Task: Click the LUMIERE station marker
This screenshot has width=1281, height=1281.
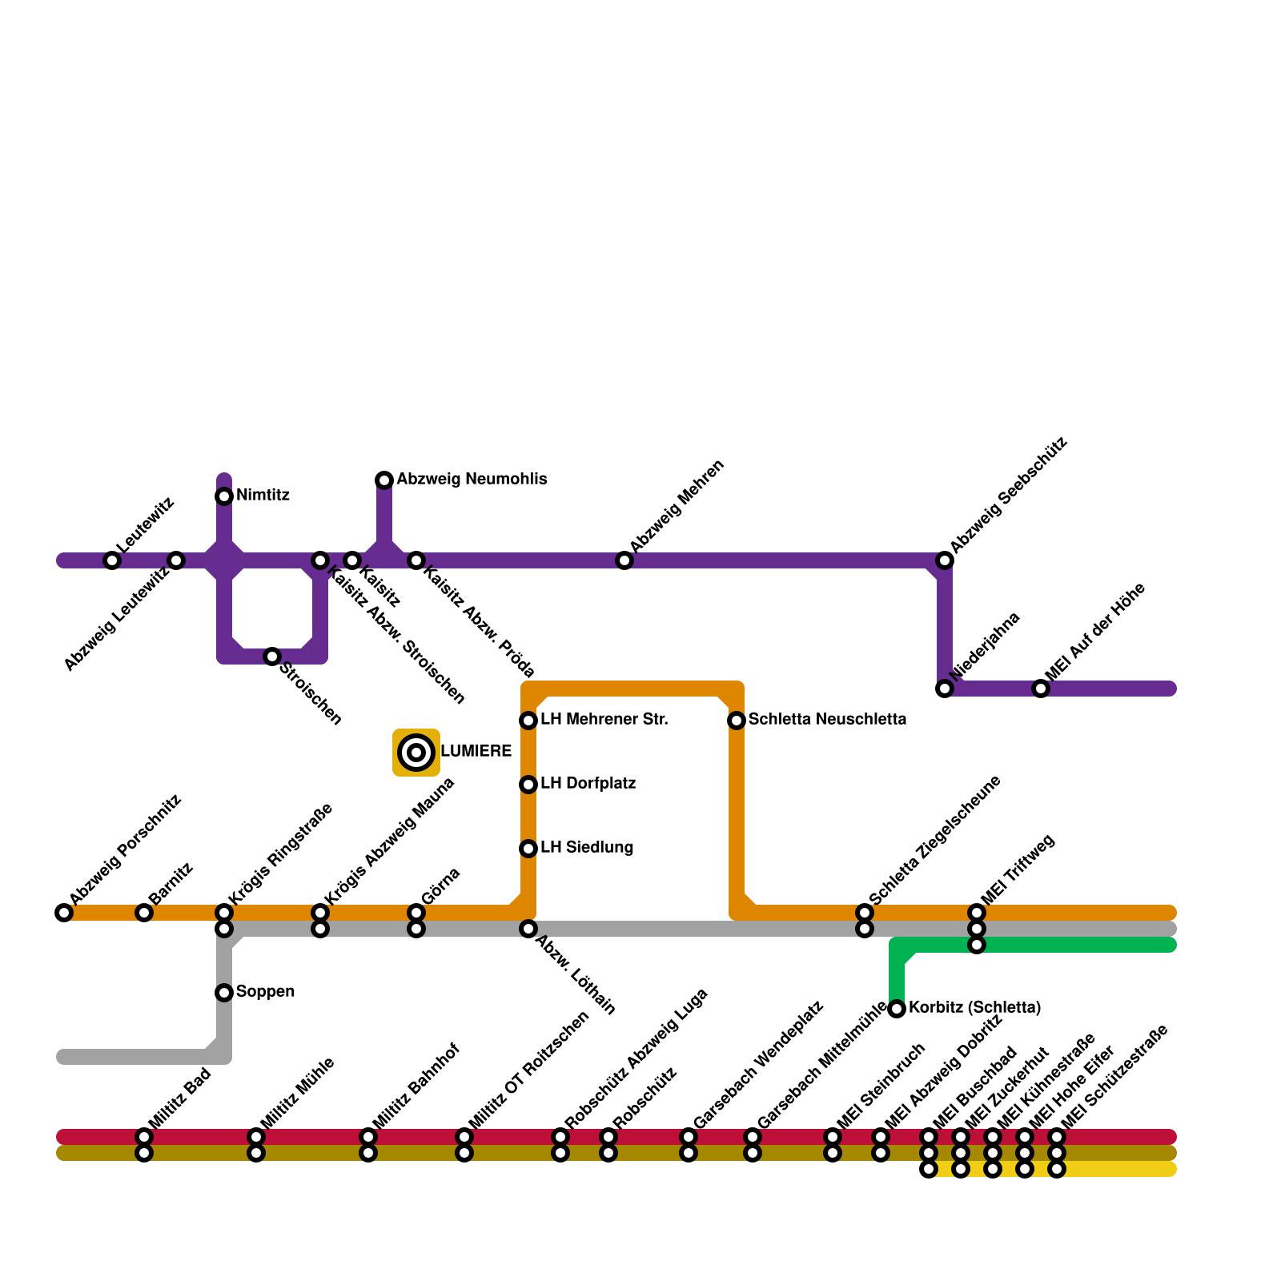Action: (x=416, y=753)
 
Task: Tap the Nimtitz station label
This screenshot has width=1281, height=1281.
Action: (x=263, y=496)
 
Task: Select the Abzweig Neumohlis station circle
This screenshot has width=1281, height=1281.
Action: (x=384, y=480)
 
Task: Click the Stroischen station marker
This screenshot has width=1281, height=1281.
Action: (x=272, y=657)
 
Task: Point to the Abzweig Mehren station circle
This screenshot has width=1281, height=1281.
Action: (x=624, y=560)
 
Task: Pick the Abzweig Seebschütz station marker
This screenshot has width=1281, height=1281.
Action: (x=945, y=560)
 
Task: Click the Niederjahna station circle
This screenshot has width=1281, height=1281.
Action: (x=945, y=689)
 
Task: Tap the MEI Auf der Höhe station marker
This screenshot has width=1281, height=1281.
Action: (x=1041, y=689)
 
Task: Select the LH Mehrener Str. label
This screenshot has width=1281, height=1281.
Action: (x=604, y=720)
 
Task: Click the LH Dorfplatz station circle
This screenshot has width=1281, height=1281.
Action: (x=528, y=785)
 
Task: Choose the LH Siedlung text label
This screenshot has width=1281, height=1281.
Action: (x=587, y=848)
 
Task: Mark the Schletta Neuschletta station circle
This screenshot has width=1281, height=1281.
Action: (x=737, y=721)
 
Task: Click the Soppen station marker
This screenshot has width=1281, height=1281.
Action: (x=224, y=993)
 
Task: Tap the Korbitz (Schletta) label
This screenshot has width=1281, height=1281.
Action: (x=974, y=1008)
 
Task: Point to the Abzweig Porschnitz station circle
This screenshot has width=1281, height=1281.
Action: (x=64, y=913)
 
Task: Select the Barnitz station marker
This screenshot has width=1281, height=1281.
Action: (x=144, y=913)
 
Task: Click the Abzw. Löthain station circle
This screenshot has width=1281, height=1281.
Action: (x=528, y=929)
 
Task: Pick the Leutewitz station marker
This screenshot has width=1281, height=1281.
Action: (x=112, y=560)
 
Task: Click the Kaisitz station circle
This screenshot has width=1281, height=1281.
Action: (x=352, y=560)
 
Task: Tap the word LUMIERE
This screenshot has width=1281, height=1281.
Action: (x=476, y=752)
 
